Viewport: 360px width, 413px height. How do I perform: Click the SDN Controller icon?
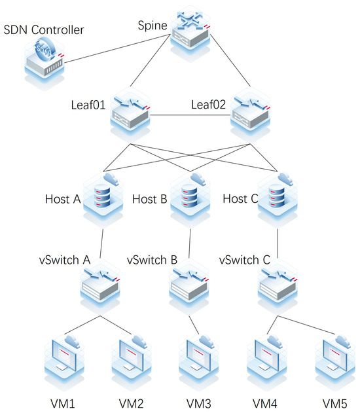(x=43, y=58)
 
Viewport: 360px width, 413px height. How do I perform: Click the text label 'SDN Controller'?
(x=43, y=29)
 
